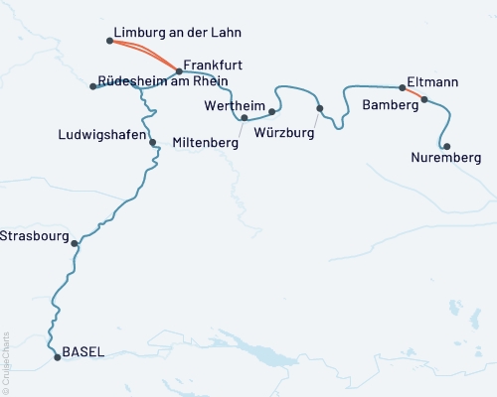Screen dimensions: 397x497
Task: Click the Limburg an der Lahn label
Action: coord(178,33)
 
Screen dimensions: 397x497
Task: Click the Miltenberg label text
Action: coord(206,143)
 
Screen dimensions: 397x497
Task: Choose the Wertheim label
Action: coord(234,105)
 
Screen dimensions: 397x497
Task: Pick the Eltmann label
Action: coord(433,83)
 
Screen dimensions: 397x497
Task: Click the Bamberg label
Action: coord(389,103)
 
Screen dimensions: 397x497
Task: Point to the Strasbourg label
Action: coord(34,236)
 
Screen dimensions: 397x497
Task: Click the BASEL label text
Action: coord(83,350)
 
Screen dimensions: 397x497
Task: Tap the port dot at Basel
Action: coord(57,356)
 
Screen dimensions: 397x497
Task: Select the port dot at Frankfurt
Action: coord(179,71)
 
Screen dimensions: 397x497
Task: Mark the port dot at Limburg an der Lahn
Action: coord(108,41)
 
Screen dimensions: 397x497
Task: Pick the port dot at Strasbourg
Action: coord(75,242)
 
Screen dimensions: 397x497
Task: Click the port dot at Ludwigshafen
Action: coord(152,142)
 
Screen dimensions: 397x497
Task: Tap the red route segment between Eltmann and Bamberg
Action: coord(414,93)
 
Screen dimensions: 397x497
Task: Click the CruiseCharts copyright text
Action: coord(6,360)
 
